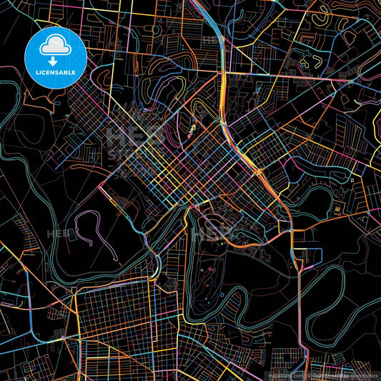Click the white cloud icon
(x=54, y=47)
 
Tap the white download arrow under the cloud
(x=54, y=62)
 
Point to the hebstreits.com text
(x=285, y=375)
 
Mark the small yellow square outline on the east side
(x=335, y=209)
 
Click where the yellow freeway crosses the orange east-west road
(x=223, y=72)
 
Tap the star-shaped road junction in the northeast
(x=350, y=83)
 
